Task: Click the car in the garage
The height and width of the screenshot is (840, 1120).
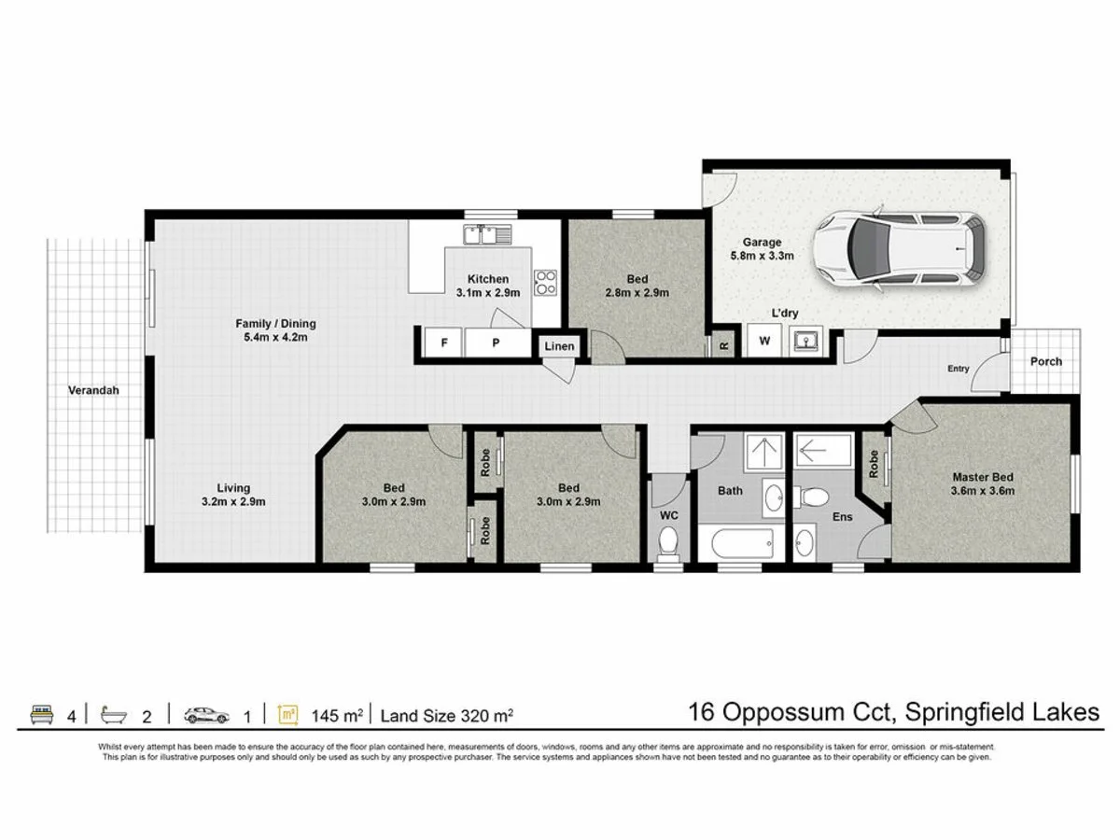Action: point(899,248)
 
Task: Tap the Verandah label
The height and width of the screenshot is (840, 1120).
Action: point(93,390)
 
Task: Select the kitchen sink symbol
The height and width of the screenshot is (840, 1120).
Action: point(487,234)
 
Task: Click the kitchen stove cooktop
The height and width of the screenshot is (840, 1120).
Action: point(545,283)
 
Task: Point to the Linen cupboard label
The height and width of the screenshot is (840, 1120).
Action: point(559,346)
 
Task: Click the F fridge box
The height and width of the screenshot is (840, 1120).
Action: point(443,343)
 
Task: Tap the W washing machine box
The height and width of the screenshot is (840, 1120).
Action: point(763,340)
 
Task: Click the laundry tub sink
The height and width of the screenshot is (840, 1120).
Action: point(805,341)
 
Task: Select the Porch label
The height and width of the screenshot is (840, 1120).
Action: point(1046,361)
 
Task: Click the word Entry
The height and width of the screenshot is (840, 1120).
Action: point(959,369)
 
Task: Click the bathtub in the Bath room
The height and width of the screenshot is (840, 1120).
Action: point(742,544)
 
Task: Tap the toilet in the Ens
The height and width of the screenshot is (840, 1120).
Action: point(811,497)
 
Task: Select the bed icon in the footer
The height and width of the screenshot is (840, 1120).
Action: point(42,715)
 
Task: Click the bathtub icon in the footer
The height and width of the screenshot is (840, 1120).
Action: point(114,715)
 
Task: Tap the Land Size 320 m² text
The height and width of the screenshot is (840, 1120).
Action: point(446,716)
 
